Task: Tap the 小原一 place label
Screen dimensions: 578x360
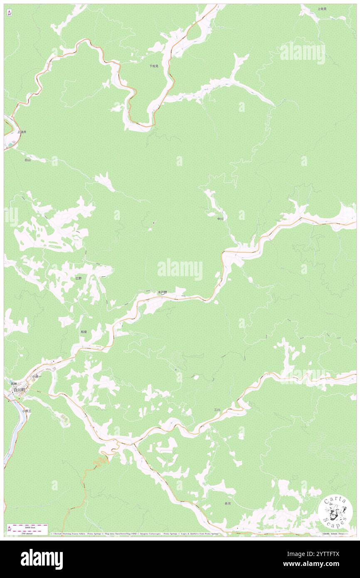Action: coord(37,377)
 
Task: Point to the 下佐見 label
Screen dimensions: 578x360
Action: coord(154,66)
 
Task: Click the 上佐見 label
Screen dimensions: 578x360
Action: coord(322,9)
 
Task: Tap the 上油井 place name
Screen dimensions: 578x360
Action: coord(22,132)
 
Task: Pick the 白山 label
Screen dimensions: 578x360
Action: coord(27,160)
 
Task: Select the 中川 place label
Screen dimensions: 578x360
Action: coord(220,219)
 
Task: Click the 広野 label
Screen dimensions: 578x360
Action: coord(79,278)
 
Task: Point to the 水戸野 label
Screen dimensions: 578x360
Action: coord(162,292)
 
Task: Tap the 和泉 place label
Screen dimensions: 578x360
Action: coord(84,332)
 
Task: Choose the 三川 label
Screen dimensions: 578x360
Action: coord(217,410)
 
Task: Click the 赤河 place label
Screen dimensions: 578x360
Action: coord(227,503)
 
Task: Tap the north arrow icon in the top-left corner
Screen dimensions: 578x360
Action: coord(9,13)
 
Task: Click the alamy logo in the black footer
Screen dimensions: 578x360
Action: coord(42,559)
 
